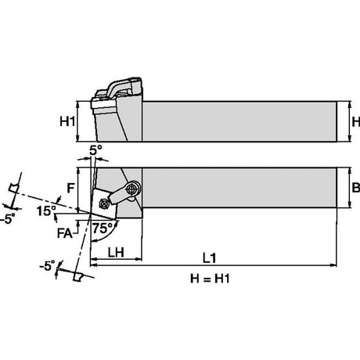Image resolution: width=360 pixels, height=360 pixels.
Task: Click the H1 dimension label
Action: (67, 121)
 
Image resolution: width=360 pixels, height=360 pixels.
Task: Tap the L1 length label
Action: (210, 258)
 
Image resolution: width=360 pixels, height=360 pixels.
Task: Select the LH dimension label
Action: (116, 252)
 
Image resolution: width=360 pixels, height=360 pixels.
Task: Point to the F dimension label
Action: (70, 188)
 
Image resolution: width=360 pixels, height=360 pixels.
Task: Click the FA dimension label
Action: (65, 233)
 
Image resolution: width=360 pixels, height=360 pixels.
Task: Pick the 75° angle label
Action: (103, 229)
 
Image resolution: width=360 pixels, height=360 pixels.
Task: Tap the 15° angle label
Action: (46, 211)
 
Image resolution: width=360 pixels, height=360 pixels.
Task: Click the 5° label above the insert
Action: (95, 150)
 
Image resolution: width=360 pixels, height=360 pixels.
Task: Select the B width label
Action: (356, 187)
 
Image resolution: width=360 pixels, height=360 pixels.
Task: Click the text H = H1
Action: (210, 279)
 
